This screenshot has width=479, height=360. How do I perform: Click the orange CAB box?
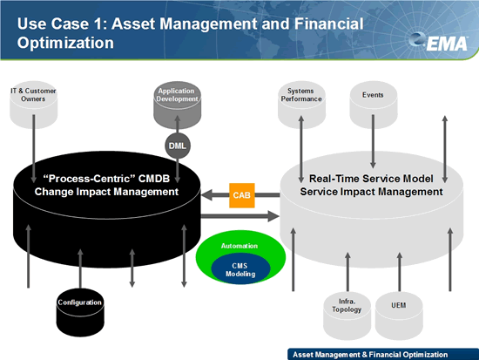pyautogui.click(x=242, y=195)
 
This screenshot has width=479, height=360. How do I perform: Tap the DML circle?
pyautogui.click(x=178, y=146)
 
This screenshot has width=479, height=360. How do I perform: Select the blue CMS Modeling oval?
pyautogui.click(x=240, y=269)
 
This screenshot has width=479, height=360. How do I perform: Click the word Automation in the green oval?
pyautogui.click(x=239, y=246)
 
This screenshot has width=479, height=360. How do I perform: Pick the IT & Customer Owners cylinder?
pyautogui.click(x=34, y=105)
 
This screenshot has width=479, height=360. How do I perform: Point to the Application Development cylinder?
pyautogui.click(x=177, y=105)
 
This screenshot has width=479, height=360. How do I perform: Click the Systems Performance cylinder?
pyautogui.click(x=301, y=105)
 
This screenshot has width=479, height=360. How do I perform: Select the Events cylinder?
pyautogui.click(x=374, y=105)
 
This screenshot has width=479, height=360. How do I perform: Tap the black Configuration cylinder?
pyautogui.click(x=80, y=312)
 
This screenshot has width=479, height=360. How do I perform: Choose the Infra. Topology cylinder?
pyautogui.click(x=347, y=316)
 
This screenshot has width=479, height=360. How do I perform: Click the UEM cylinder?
pyautogui.click(x=399, y=316)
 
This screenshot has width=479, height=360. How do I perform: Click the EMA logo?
pyautogui.click(x=439, y=42)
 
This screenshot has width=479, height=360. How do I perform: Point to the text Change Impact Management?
pyautogui.click(x=106, y=192)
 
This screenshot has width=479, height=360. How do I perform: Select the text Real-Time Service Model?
pyautogui.click(x=371, y=179)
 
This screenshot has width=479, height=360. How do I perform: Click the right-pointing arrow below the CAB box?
pyautogui.click(x=240, y=216)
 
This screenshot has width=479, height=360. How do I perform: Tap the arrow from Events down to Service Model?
pyautogui.click(x=373, y=141)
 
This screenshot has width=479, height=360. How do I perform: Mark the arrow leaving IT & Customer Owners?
pyautogui.click(x=34, y=149)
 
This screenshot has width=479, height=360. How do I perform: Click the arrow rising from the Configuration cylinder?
pyautogui.click(x=80, y=268)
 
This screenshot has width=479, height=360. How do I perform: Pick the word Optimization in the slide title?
pyautogui.click(x=65, y=43)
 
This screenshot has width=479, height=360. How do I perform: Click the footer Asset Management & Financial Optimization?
pyautogui.click(x=370, y=355)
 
